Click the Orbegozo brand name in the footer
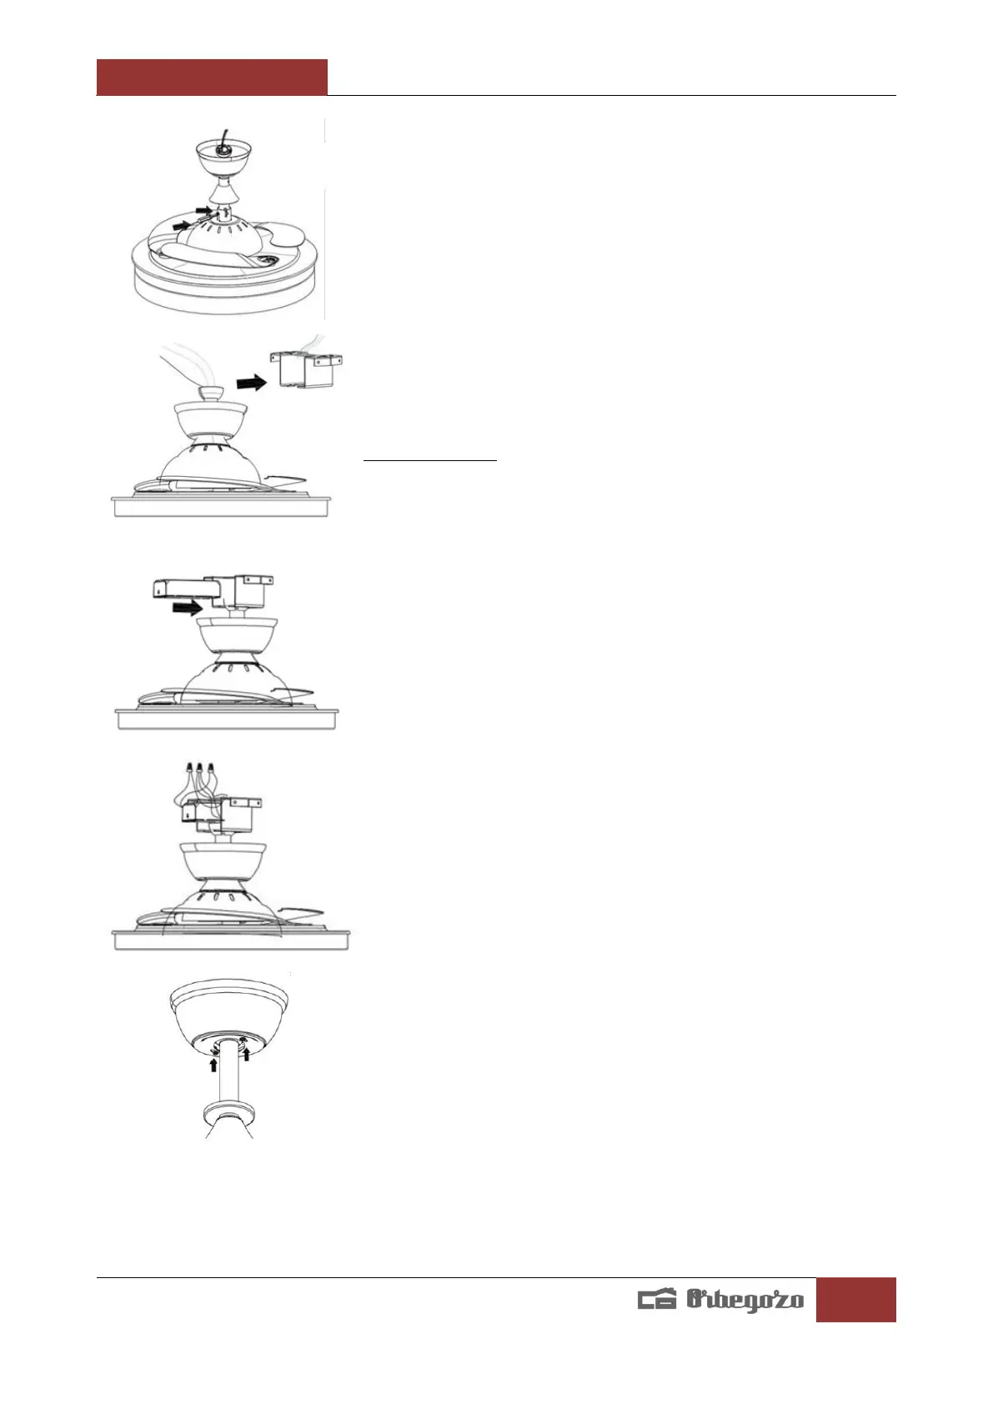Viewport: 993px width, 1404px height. [x=745, y=1300]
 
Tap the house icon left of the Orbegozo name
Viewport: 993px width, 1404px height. [x=657, y=1301]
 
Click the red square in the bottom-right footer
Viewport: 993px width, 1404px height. [x=855, y=1299]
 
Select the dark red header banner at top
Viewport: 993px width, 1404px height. [x=212, y=77]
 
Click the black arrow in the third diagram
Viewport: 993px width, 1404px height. [x=186, y=609]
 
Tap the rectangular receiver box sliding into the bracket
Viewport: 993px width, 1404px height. [x=186, y=589]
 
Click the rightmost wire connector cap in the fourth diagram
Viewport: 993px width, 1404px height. [x=210, y=765]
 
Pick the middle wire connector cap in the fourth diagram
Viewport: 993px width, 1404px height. [x=199, y=765]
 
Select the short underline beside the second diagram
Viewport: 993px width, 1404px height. [x=430, y=459]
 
